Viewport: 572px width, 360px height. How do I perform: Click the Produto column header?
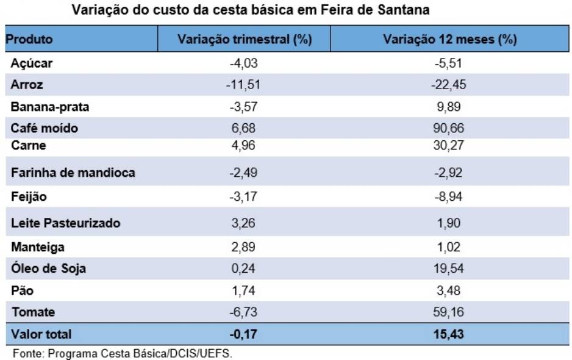(29, 40)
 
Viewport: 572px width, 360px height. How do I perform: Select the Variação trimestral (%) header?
(245, 40)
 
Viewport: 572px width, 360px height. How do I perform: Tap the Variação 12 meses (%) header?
(449, 40)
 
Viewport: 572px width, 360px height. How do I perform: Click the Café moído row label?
(45, 128)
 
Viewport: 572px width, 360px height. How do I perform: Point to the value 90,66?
(449, 128)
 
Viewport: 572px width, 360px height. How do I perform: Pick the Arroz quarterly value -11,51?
(243, 85)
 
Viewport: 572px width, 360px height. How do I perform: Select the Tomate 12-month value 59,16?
(449, 312)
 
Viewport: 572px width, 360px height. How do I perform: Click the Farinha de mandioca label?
(73, 173)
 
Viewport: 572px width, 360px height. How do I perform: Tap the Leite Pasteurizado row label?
(66, 223)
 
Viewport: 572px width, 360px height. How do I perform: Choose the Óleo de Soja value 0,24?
(243, 268)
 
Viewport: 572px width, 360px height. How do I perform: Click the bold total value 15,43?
(449, 334)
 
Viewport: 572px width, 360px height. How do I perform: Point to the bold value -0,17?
(243, 334)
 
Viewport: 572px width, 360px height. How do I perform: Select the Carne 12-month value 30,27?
(449, 145)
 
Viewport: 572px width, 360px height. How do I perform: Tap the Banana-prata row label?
(50, 107)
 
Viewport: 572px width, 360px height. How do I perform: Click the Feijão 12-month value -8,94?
(449, 197)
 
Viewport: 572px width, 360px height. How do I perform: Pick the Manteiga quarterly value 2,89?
(243, 247)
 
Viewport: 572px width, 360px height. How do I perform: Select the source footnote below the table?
(123, 353)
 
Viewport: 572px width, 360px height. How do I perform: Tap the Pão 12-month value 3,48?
(449, 290)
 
